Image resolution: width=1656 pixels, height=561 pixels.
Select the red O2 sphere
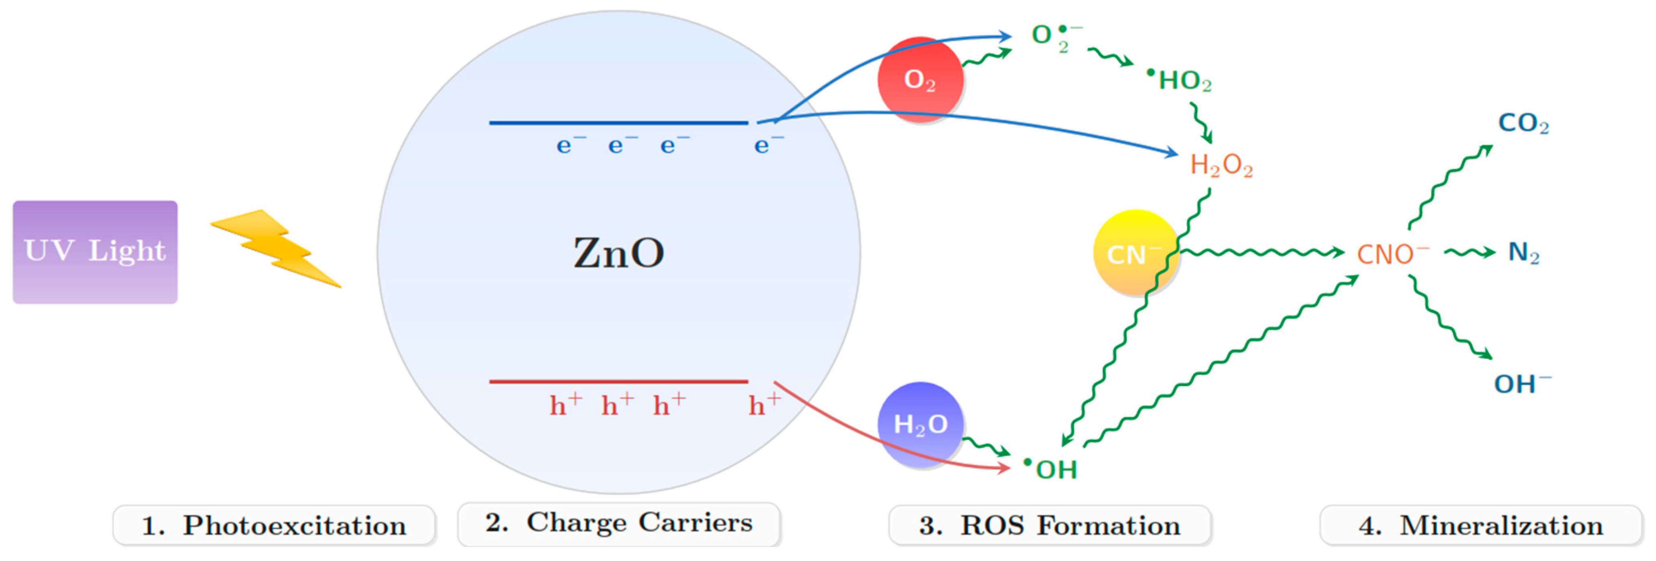click(x=920, y=80)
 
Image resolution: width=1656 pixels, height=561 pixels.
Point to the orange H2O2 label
click(x=1221, y=166)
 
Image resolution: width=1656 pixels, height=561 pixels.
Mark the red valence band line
click(x=618, y=382)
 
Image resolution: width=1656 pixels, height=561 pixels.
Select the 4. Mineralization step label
click(x=1481, y=526)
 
